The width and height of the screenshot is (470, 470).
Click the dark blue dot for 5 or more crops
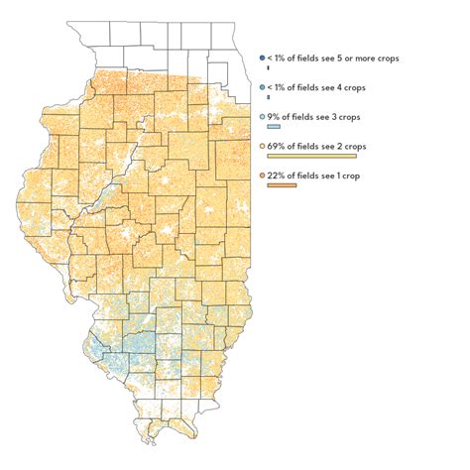click(x=260, y=59)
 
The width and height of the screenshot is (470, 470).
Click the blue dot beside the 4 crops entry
click(x=260, y=88)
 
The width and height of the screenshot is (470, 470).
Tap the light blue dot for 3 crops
click(x=260, y=117)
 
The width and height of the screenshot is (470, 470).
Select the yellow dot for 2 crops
click(x=260, y=146)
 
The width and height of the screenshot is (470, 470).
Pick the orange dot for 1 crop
click(x=260, y=175)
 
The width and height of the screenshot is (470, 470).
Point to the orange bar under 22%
click(x=282, y=184)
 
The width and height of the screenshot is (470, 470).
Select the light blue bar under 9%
click(x=275, y=127)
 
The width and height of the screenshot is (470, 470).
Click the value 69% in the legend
click(x=275, y=146)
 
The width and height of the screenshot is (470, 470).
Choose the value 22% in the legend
click(x=275, y=175)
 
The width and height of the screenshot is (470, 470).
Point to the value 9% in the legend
click(x=272, y=117)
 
